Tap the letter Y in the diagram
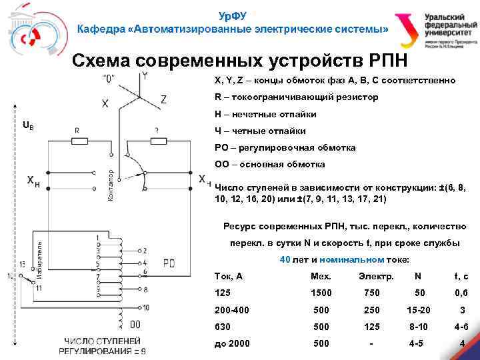point(145,76)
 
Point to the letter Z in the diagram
point(163,99)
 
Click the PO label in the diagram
point(169,265)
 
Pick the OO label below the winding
point(135,324)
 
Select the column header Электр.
point(376,276)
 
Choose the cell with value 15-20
point(419,310)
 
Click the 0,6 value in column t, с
point(461,293)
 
